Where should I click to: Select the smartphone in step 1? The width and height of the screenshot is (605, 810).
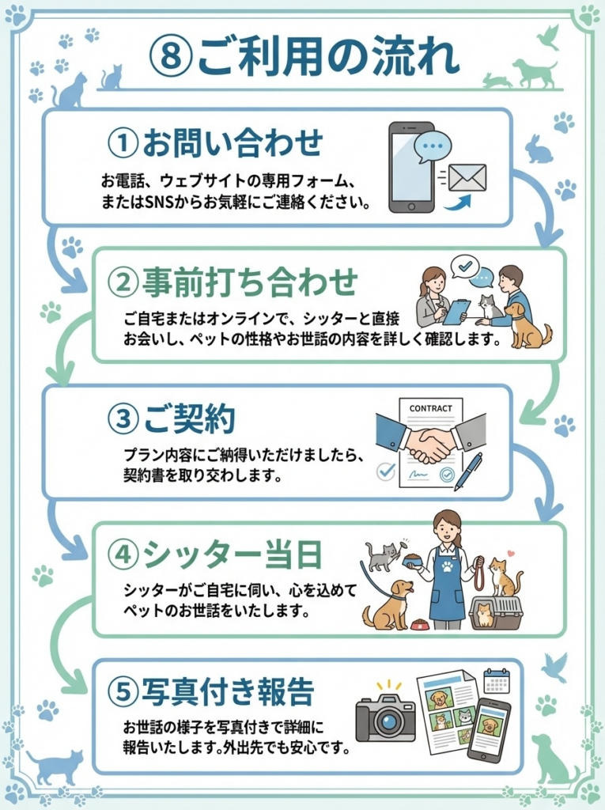point(410,166)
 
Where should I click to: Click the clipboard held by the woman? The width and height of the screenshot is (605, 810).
point(456,311)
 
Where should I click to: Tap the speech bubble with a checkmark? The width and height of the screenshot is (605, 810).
point(464,265)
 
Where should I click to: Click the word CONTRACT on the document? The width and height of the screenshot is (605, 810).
point(431,408)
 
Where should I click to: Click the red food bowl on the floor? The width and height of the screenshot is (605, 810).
point(420,626)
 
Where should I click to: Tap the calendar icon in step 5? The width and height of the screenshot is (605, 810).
point(497,680)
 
